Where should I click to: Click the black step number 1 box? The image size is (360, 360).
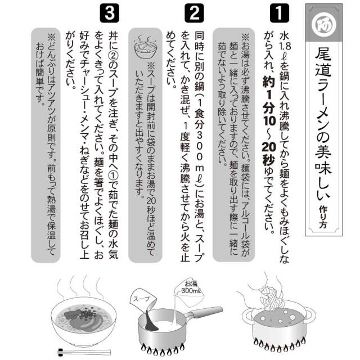(x=280, y=13)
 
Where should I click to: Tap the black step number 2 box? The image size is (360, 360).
(x=194, y=13)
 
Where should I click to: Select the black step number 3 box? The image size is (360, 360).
(x=110, y=13)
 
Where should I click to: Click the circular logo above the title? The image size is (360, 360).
(x=324, y=24)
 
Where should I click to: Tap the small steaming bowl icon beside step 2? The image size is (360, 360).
(x=145, y=47)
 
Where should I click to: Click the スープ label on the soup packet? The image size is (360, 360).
(x=141, y=299)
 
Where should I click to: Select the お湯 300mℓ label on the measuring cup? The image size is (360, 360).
(x=191, y=287)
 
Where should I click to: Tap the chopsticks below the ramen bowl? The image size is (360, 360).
(x=84, y=352)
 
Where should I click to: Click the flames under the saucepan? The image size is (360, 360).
(x=163, y=349)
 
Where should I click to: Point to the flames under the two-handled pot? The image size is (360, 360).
(x=279, y=345)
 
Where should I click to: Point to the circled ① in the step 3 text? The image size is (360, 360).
(x=114, y=176)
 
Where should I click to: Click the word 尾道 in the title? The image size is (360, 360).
(x=323, y=63)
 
